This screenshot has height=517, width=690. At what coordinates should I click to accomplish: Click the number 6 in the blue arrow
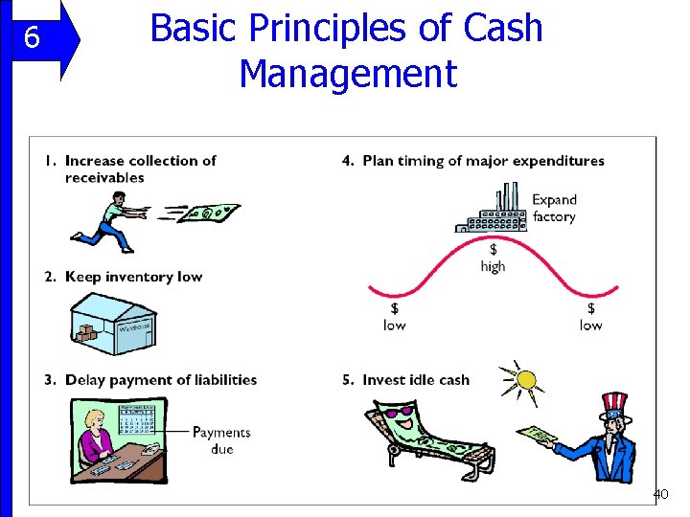point(32,38)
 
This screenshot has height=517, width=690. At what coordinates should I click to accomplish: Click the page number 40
point(660,494)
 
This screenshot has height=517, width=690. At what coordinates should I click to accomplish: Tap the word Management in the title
point(347,73)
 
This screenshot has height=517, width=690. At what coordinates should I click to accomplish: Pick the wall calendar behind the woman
point(137,418)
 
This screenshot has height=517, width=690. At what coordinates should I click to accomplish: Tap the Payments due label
point(220,439)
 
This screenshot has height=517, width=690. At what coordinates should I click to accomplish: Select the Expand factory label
point(554,208)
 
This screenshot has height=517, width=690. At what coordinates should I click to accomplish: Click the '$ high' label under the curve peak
point(493,258)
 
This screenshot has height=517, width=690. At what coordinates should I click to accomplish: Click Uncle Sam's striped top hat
point(613,406)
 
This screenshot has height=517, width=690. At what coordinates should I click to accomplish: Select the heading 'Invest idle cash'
point(415,380)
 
